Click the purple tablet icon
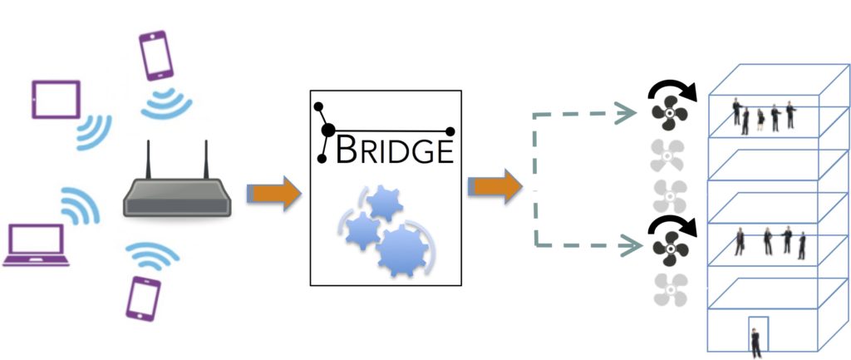(56, 100)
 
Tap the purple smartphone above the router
(155, 55)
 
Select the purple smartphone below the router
(143, 298)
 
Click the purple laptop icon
(36, 245)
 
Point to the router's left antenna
(148, 160)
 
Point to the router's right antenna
(206, 160)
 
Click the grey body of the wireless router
(178, 198)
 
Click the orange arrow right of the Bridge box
(495, 186)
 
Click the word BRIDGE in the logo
(394, 150)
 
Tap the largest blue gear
(402, 249)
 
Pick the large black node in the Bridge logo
(327, 131)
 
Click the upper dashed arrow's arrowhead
(626, 113)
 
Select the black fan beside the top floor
(670, 113)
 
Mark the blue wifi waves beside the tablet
(93, 133)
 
